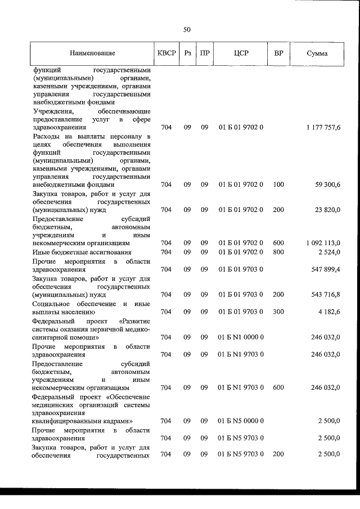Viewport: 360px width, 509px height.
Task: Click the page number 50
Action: click(x=187, y=29)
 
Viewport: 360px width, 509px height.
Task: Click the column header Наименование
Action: click(x=93, y=53)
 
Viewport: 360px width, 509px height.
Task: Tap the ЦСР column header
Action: click(x=241, y=53)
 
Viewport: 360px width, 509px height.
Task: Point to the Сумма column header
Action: click(x=318, y=53)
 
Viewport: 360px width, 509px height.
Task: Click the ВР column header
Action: click(x=278, y=53)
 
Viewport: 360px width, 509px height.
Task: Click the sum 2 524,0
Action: click(x=329, y=252)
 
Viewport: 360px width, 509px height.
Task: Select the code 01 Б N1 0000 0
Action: click(x=241, y=337)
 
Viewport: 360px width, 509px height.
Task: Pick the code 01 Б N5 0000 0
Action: click(x=241, y=421)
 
